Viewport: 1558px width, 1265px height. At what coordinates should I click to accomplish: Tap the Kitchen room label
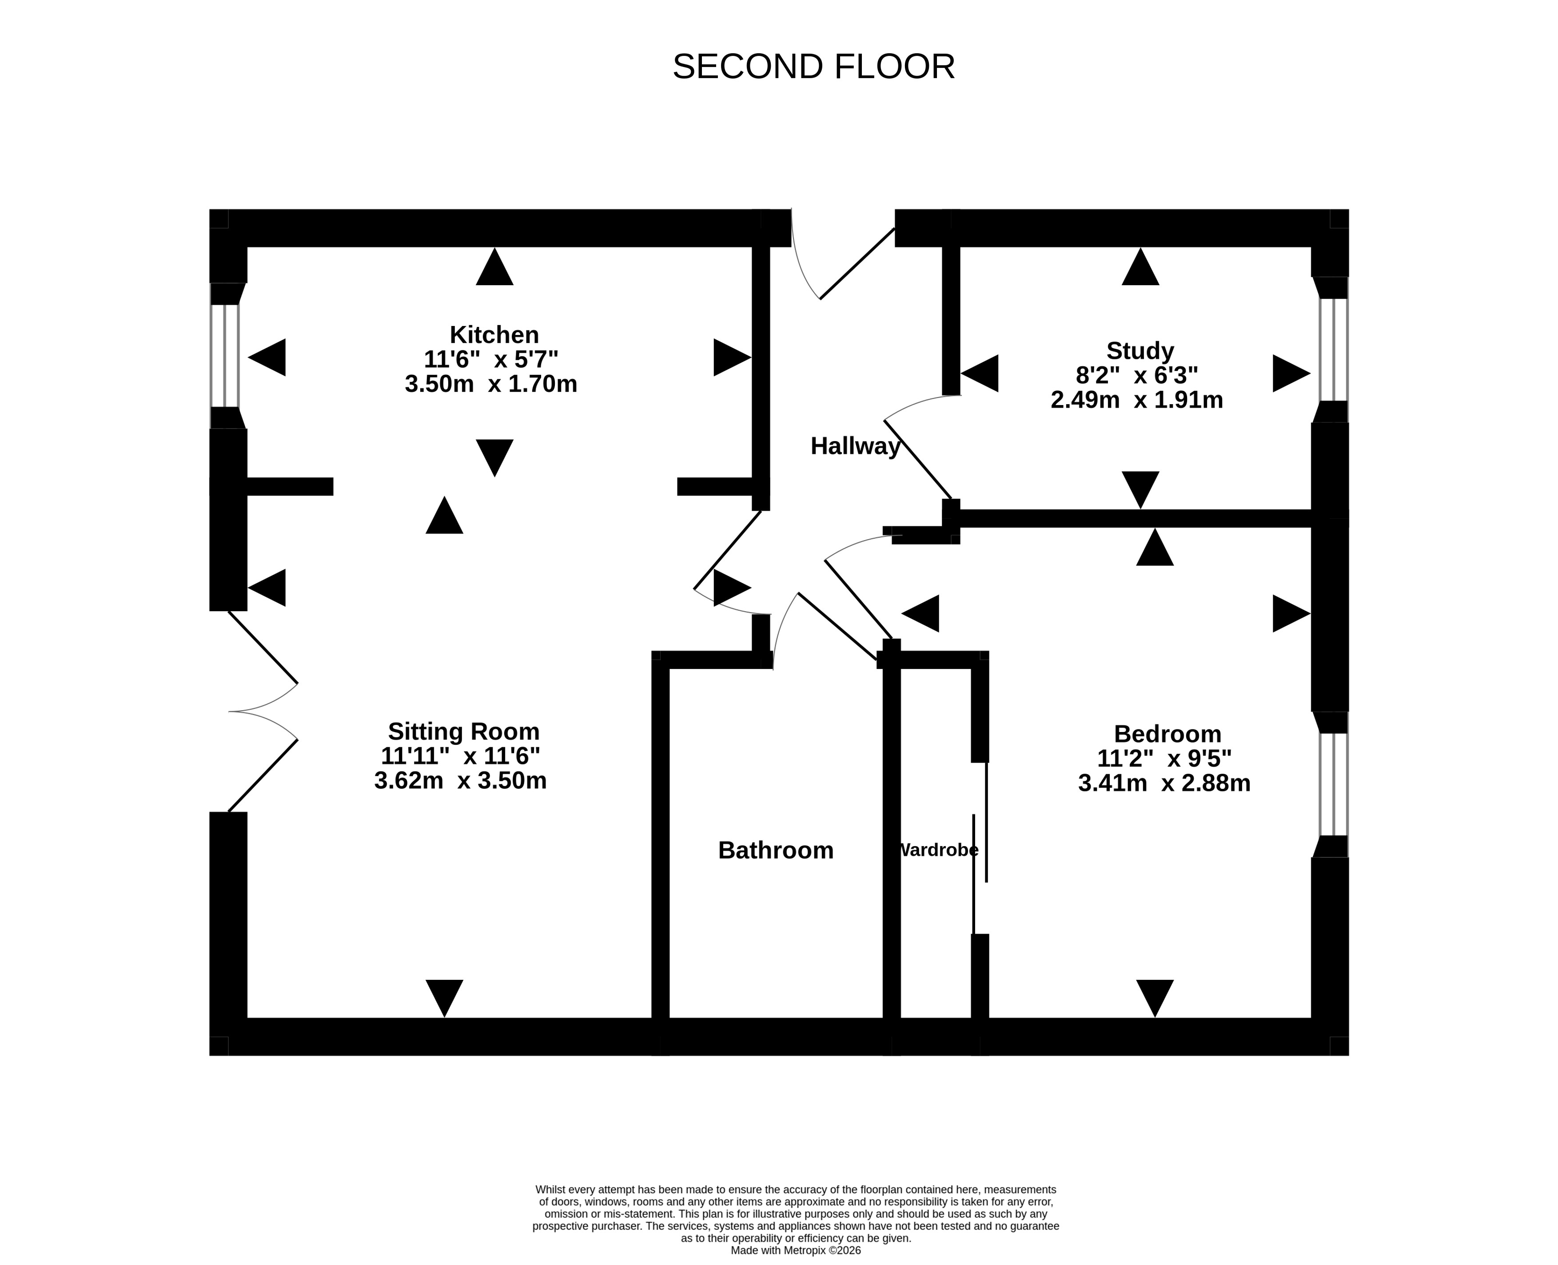point(494,334)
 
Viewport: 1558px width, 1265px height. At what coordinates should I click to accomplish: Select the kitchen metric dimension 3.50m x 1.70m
point(491,383)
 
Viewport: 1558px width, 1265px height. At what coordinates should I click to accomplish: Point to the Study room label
point(1140,350)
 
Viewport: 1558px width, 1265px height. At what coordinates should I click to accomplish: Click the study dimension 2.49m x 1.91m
point(1137,399)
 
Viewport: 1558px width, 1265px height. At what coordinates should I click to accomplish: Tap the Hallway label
point(856,446)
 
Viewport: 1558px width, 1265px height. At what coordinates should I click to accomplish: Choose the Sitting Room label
point(463,731)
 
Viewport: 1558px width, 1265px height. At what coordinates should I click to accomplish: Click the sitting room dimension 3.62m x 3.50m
point(461,780)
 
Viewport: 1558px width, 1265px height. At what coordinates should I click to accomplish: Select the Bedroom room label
point(1168,734)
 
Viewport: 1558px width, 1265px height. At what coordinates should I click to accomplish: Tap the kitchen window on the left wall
point(225,356)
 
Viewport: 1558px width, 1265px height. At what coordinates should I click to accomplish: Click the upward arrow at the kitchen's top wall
point(495,267)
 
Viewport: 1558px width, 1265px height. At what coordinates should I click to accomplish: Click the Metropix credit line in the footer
point(796,1250)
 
